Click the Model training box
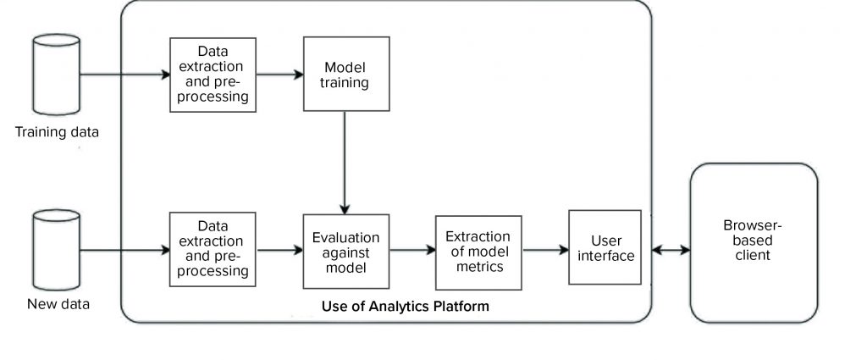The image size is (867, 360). tap(346, 74)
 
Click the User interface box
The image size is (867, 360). tap(604, 247)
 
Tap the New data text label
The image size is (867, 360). tap(57, 303)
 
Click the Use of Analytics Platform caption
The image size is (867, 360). tap(406, 306)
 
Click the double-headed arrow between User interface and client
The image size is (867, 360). tap(665, 250)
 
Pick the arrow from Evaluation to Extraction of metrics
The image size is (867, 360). tap(411, 250)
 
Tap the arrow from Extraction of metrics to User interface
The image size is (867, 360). tap(544, 250)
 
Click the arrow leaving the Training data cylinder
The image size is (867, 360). tap(124, 74)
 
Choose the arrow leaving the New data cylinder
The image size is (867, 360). tap(124, 250)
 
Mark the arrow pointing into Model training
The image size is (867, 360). tap(280, 74)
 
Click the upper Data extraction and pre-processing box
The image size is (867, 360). tap(212, 74)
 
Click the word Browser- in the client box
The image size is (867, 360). tap(754, 226)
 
